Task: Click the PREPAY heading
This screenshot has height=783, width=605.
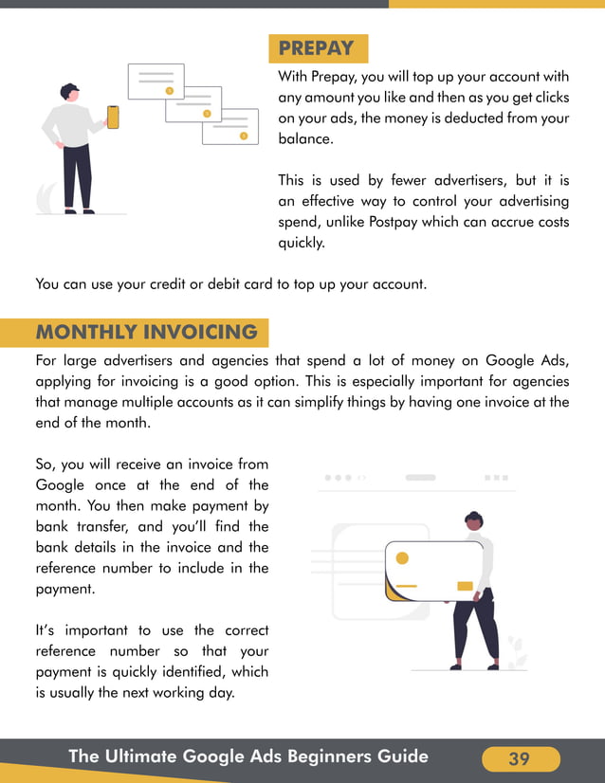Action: point(317,48)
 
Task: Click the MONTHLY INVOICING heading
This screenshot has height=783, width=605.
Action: point(146,333)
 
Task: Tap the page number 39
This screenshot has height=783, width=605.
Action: point(520,758)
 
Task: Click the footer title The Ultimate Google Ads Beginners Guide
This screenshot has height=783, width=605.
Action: point(248,756)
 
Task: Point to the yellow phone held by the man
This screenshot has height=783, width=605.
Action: point(113,117)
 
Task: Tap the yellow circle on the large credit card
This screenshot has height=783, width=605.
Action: point(402,558)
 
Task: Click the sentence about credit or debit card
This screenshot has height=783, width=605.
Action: point(231,282)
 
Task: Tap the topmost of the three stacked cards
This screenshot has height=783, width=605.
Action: point(156,82)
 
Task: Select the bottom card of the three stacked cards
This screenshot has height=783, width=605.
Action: point(230,127)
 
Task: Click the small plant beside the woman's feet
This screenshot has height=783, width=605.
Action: point(517,651)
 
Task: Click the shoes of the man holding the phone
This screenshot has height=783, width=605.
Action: point(78,210)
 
